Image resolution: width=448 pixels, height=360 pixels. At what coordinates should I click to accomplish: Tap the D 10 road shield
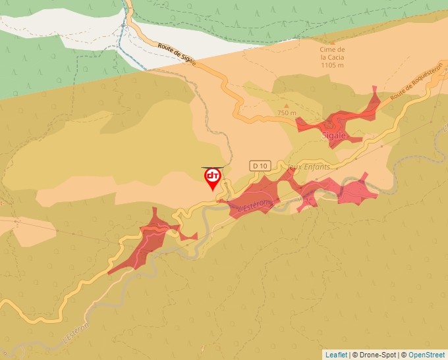[x=260, y=166]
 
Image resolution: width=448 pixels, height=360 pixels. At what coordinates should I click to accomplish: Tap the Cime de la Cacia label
[x=333, y=53]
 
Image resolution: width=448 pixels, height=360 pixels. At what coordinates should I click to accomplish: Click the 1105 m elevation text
[x=333, y=64]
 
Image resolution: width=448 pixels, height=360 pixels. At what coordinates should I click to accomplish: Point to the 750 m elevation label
[x=287, y=113]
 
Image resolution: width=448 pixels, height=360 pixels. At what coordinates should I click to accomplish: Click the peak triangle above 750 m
[x=286, y=105]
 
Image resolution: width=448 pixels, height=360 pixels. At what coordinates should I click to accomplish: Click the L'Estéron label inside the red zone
[x=254, y=206]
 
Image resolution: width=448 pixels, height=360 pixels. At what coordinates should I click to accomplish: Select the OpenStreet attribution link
[x=426, y=355]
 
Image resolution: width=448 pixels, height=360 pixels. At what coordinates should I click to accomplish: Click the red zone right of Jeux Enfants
[x=356, y=191]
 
